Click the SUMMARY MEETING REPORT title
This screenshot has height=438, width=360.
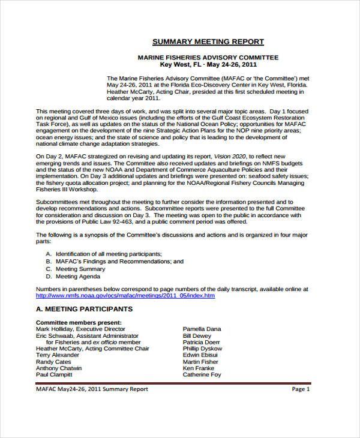point(208,41)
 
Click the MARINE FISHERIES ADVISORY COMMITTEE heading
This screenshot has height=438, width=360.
point(208,57)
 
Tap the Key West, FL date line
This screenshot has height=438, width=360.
point(208,64)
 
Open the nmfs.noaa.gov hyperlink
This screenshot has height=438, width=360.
point(125,295)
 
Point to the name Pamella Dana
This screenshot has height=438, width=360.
point(202,329)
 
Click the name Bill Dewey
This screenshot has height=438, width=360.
point(197,336)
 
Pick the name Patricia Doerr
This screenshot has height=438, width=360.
point(202,342)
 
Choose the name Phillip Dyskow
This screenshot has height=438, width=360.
point(202,349)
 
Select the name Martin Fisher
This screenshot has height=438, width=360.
point(200,362)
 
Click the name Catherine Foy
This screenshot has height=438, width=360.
point(202,374)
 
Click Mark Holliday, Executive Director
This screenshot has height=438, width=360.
point(80,329)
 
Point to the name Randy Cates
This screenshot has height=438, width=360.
point(53,362)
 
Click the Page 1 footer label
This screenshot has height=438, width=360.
point(301,389)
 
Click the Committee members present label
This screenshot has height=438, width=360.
point(79,322)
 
